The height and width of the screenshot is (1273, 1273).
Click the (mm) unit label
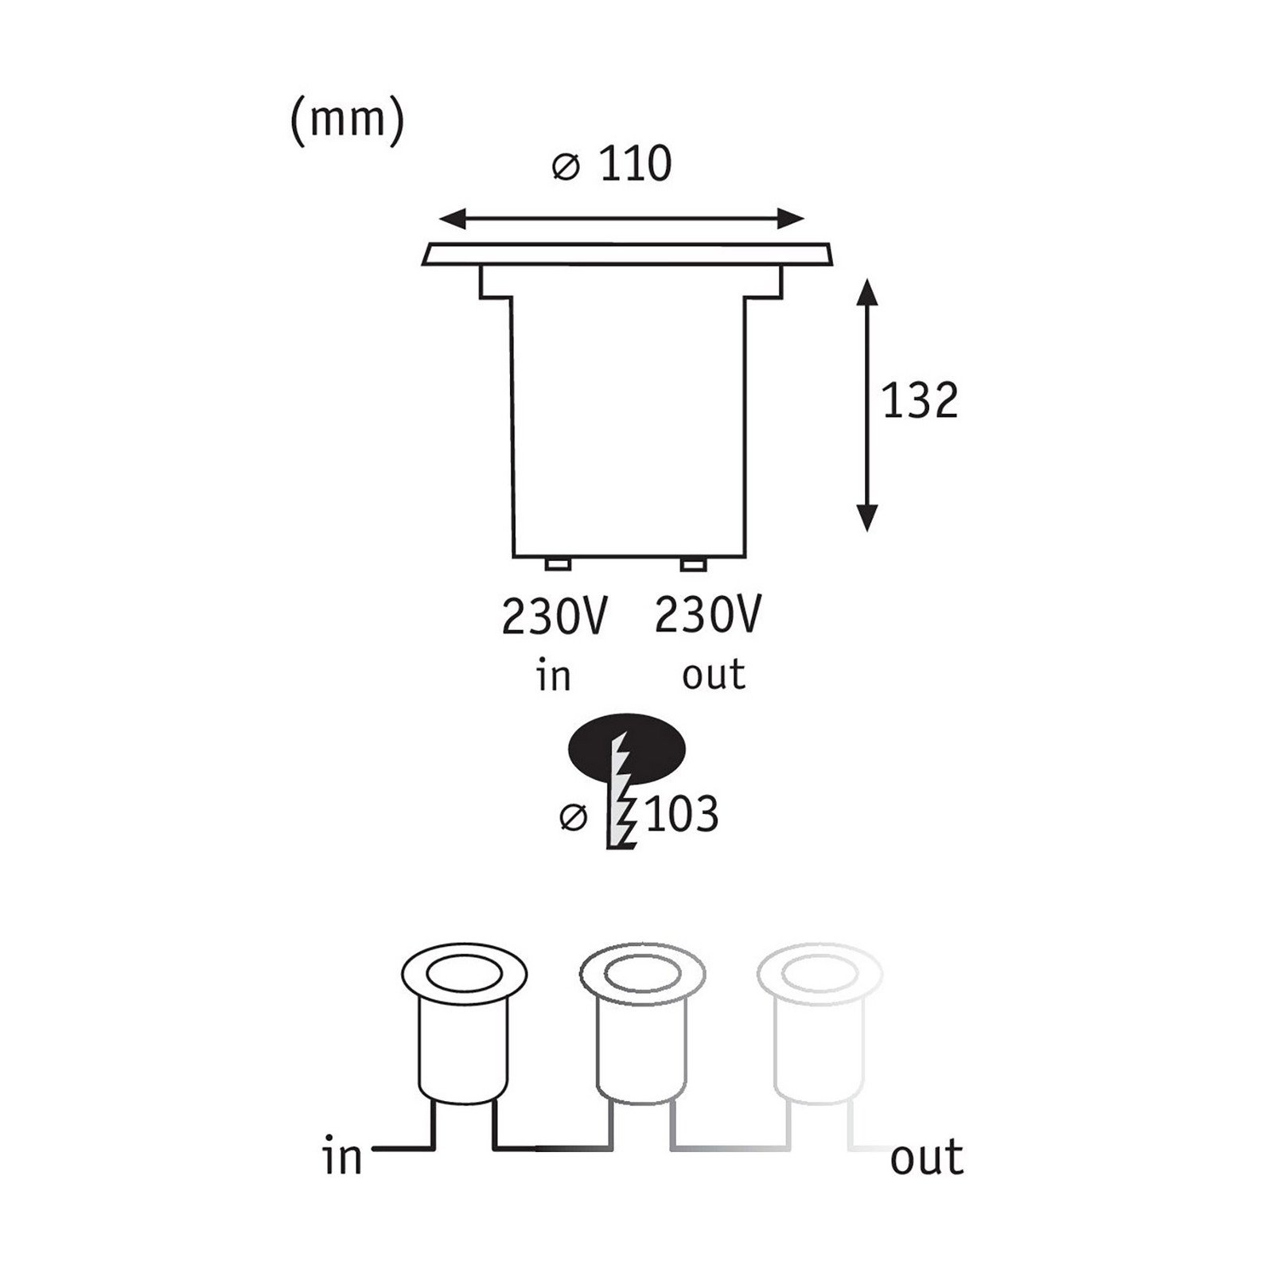pyautogui.click(x=348, y=122)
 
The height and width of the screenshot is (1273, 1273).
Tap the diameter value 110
pyautogui.click(x=635, y=165)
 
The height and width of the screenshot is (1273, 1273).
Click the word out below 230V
pyautogui.click(x=713, y=675)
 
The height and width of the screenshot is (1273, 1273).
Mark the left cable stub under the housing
pyautogui.click(x=557, y=564)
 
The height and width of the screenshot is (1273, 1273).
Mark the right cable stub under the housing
pyautogui.click(x=692, y=564)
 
